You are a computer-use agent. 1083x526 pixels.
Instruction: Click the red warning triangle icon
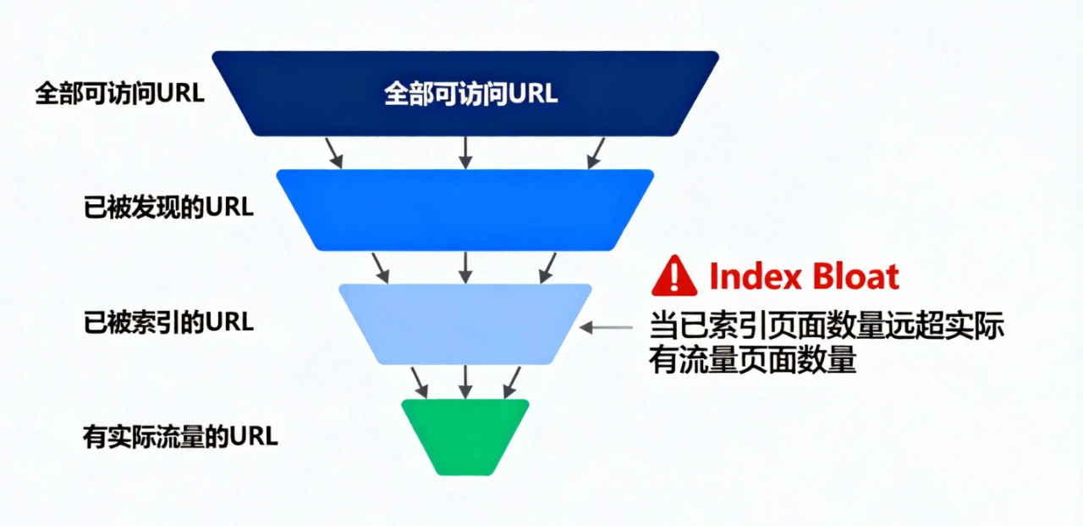(x=674, y=278)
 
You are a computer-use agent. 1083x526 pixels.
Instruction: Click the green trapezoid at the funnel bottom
(x=465, y=436)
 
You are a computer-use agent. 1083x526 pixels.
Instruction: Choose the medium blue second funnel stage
(x=465, y=209)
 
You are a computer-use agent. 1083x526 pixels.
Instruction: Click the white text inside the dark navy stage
(x=471, y=93)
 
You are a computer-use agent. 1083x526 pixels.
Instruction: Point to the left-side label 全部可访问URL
(x=119, y=93)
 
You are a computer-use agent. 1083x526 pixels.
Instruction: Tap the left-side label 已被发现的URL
(x=168, y=208)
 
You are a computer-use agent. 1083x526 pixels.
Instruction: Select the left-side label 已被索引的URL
(x=168, y=324)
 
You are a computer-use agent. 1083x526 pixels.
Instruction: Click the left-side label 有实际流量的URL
(x=180, y=437)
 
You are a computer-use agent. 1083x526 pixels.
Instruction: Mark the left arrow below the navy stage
(x=334, y=152)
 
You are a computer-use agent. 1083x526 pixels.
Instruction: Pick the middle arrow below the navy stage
(x=465, y=152)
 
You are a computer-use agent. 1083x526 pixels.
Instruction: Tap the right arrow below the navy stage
(x=596, y=152)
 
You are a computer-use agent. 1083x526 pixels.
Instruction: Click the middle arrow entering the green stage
(x=465, y=382)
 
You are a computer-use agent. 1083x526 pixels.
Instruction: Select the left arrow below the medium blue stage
(x=380, y=267)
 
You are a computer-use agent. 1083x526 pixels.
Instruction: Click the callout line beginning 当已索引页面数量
(x=827, y=327)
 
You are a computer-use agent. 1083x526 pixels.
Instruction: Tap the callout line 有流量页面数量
(x=753, y=362)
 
